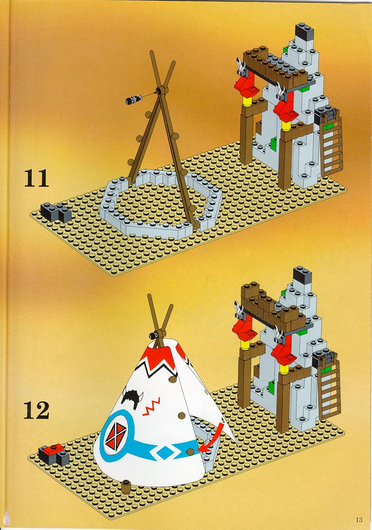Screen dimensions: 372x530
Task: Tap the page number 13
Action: pos(359,520)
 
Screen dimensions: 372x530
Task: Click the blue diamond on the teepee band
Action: pos(164,452)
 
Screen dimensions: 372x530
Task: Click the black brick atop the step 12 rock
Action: pos(302,275)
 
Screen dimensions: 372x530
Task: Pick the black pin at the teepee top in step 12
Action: pos(153,335)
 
